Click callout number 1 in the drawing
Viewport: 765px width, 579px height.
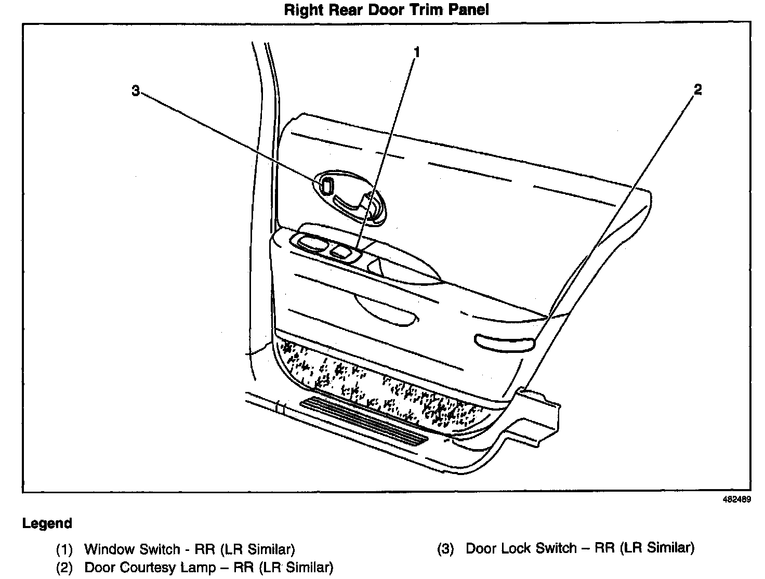(x=416, y=52)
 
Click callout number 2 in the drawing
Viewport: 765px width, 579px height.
(x=697, y=89)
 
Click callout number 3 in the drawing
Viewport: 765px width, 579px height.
(x=136, y=91)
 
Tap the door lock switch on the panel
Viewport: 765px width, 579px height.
(x=327, y=186)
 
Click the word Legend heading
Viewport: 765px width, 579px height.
(x=47, y=523)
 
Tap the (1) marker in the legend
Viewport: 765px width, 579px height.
(x=64, y=549)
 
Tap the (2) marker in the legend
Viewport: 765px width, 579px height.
(x=64, y=567)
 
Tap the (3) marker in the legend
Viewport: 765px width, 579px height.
(x=445, y=548)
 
